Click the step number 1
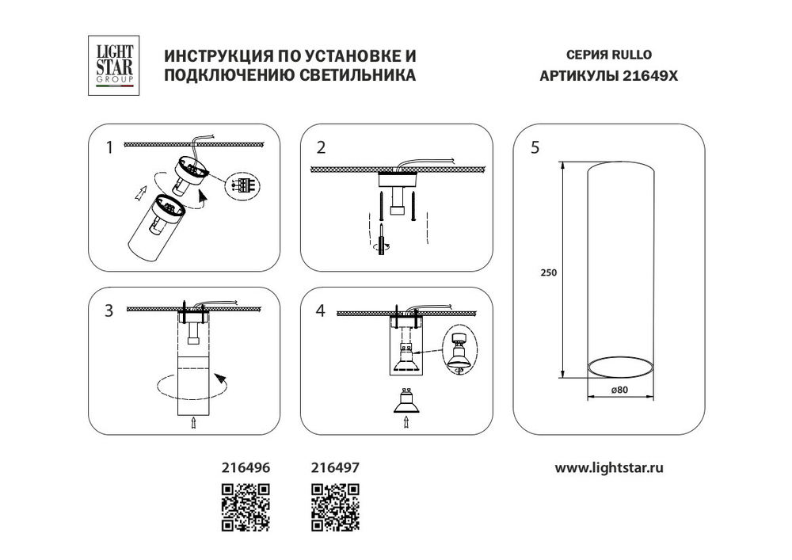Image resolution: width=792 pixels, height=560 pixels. [x=110, y=147]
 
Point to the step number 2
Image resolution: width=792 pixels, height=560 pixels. [x=321, y=147]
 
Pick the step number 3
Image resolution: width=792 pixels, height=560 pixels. [x=109, y=310]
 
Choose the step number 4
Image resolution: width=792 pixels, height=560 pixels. [x=321, y=310]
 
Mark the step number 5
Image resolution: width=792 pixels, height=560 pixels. [x=535, y=147]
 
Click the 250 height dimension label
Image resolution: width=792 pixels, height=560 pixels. [x=550, y=272]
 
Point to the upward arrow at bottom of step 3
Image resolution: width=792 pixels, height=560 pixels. [x=193, y=424]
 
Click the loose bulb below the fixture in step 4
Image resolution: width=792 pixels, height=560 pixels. [x=406, y=402]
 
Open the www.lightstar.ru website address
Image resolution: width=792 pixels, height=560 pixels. [x=609, y=467]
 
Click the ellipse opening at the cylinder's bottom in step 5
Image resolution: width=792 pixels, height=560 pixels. [x=620, y=368]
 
